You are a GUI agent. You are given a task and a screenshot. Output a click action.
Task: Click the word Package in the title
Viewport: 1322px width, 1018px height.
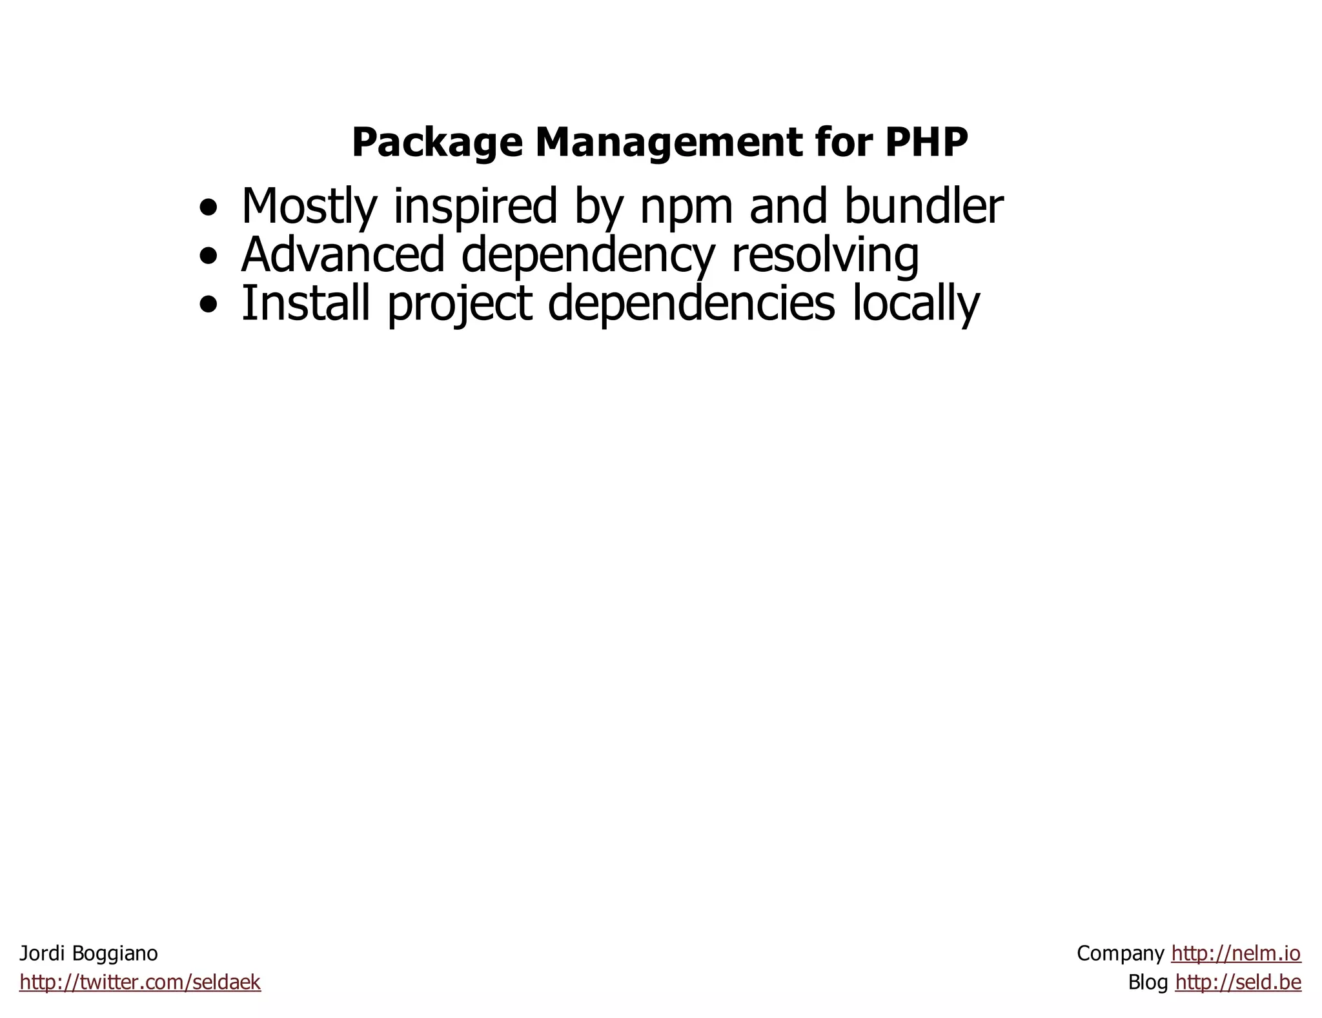[436, 142]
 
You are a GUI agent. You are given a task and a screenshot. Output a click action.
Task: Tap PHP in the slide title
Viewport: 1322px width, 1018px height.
[926, 142]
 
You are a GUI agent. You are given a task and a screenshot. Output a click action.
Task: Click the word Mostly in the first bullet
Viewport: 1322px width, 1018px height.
[309, 207]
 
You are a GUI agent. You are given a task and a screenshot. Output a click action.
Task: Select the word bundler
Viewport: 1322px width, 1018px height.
[923, 207]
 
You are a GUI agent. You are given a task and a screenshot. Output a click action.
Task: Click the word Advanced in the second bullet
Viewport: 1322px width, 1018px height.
[343, 254]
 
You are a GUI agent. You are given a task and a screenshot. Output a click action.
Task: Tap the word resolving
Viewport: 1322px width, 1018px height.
[825, 256]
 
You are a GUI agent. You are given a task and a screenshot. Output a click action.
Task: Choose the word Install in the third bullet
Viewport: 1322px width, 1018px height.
[305, 303]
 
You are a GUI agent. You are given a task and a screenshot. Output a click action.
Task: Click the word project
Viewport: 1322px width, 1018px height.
[460, 304]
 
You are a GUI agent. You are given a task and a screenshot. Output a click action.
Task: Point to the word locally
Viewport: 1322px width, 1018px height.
[916, 304]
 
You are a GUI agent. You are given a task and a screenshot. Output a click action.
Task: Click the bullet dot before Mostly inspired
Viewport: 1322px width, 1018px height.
[208, 209]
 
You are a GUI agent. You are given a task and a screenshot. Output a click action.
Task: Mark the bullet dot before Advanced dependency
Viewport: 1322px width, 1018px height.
[208, 257]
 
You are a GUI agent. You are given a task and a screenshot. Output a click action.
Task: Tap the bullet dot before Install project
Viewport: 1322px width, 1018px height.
[208, 305]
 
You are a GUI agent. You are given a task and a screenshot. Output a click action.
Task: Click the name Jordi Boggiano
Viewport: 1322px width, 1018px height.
[88, 953]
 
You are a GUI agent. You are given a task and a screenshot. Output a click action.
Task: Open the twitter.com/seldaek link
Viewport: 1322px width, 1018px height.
[140, 982]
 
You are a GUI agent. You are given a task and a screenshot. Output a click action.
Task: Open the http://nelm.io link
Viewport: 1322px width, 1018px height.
[1236, 953]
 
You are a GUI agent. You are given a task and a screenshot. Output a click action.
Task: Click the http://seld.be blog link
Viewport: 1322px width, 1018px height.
[1237, 982]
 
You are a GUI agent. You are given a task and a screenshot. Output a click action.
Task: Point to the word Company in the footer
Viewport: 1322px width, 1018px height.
[1120, 953]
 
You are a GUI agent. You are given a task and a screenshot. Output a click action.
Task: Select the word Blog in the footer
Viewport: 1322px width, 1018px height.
[1148, 982]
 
